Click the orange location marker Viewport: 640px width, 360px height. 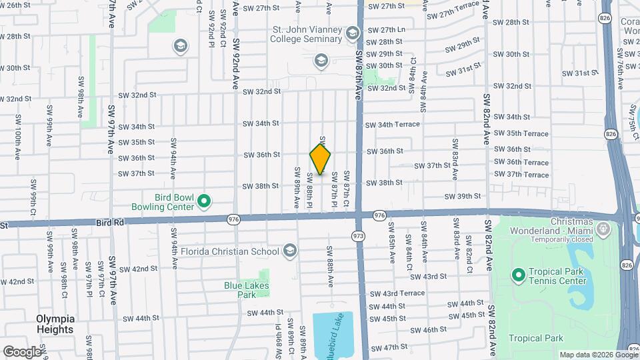coord(320,159)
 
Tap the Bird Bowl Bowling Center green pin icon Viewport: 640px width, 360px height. coord(205,200)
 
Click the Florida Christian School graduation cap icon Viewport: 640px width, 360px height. coord(289,251)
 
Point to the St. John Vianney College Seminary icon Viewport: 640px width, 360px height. coord(353,33)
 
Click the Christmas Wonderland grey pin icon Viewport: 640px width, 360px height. coord(603,230)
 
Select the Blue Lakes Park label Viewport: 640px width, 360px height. coord(240,289)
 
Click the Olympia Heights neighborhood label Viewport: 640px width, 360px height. coord(55,324)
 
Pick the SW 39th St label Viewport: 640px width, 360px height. coord(464,196)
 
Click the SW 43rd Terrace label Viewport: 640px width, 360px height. coord(397,293)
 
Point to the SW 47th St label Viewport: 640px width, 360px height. coord(390,347)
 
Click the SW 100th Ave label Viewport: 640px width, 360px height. coord(17,145)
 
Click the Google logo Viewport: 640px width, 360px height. coord(22,351)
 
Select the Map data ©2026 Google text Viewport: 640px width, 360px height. coord(598,355)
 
